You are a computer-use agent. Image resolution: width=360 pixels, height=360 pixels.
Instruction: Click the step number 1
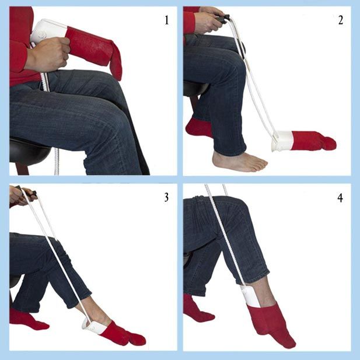point(167,20)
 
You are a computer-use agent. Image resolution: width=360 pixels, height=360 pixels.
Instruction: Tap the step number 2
point(341,20)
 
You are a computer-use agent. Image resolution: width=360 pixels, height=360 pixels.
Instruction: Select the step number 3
point(167,197)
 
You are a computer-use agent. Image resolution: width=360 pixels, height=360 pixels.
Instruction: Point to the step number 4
point(341,197)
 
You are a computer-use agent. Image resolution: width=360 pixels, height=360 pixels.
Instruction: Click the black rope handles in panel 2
point(222,18)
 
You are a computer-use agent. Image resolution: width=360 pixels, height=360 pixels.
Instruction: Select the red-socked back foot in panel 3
point(27,319)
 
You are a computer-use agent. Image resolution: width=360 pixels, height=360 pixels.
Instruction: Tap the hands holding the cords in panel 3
point(22,195)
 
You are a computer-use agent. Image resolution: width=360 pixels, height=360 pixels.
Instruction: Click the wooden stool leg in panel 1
point(22,169)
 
